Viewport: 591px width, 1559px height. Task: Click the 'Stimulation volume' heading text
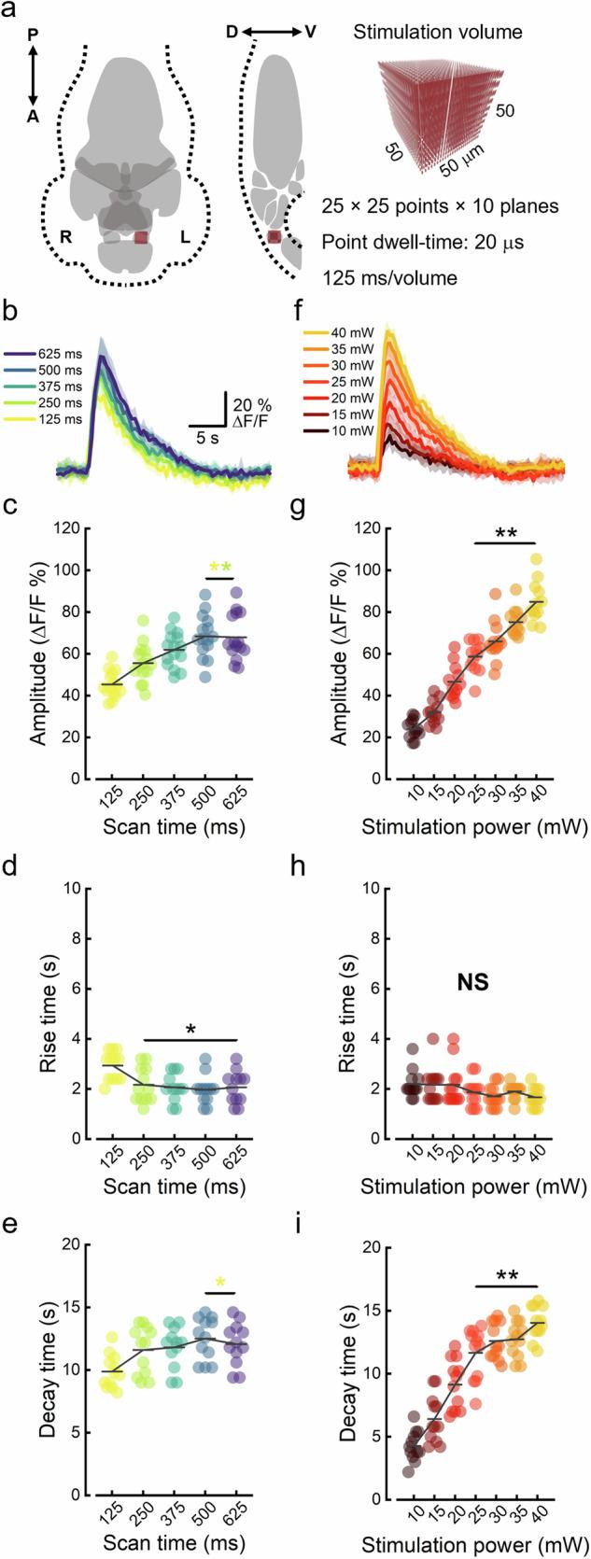click(x=438, y=33)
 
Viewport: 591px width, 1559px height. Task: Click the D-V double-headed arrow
click(x=278, y=33)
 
